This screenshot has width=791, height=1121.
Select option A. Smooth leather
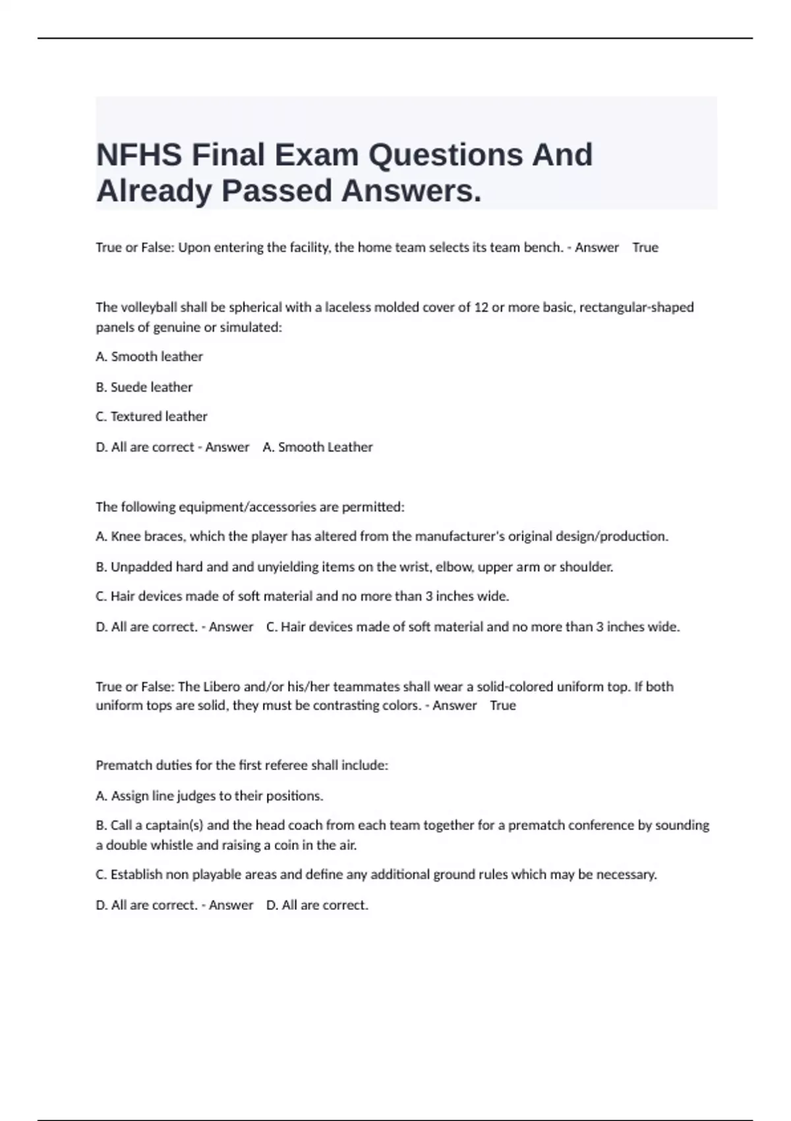click(149, 357)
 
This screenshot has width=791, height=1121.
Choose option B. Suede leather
click(144, 387)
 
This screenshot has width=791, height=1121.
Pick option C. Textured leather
click(151, 417)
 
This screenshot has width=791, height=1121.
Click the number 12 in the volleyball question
click(481, 307)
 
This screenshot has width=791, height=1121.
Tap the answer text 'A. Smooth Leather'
click(318, 447)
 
